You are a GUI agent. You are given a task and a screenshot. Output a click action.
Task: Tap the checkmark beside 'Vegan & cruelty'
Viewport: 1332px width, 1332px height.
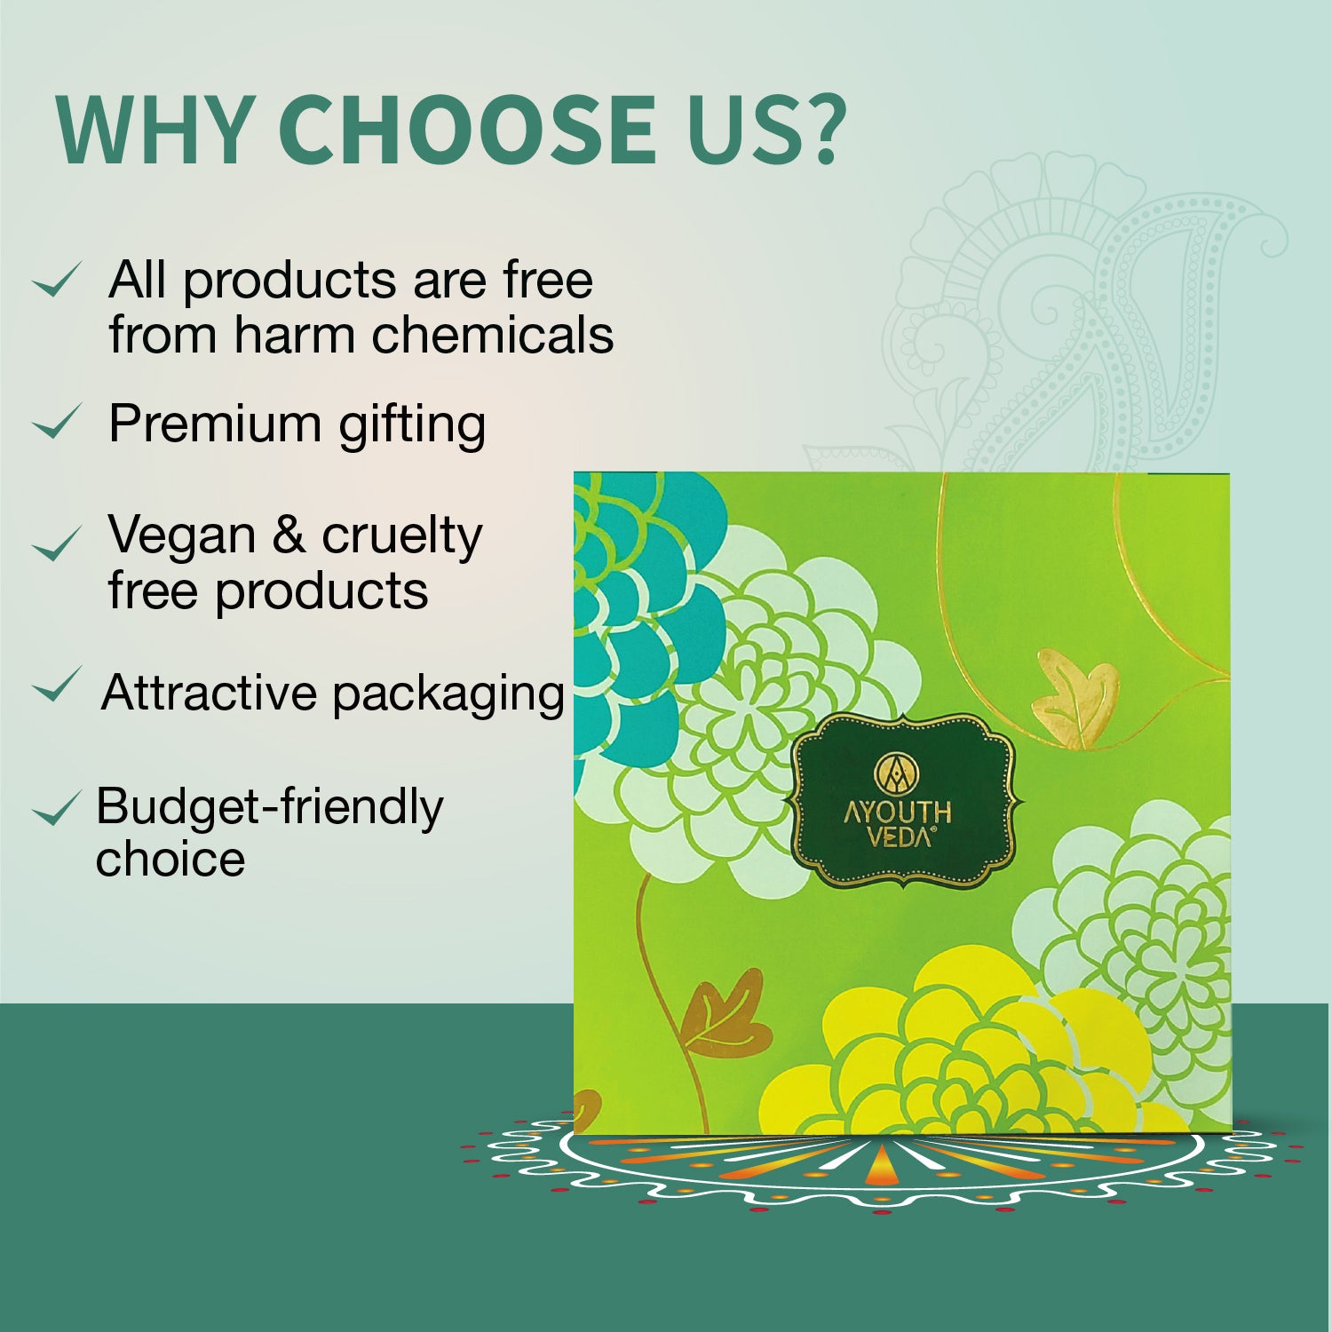click(x=56, y=543)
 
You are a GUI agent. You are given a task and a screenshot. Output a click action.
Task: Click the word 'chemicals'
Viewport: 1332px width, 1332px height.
click(x=492, y=336)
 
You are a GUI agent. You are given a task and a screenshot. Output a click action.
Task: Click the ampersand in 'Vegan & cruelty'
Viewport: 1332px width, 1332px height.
click(x=288, y=535)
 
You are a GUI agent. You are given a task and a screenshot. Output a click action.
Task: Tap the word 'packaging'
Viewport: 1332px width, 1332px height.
click(x=448, y=694)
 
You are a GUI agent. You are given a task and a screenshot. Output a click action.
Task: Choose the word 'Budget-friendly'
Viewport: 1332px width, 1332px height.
click(x=269, y=808)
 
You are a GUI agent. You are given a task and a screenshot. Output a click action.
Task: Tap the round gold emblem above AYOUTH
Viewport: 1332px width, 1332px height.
click(x=898, y=773)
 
